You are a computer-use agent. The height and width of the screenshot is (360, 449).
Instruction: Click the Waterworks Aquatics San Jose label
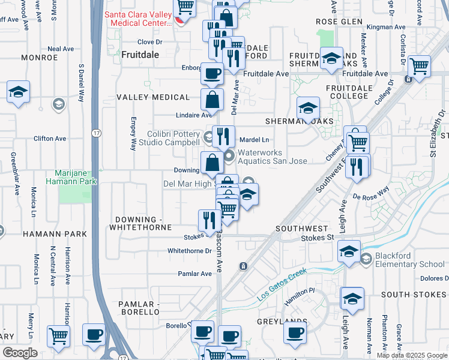tap(273, 157)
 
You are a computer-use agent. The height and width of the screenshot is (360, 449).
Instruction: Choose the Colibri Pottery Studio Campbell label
tap(173, 139)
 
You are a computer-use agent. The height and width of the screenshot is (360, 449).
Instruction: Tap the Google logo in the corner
tap(20, 353)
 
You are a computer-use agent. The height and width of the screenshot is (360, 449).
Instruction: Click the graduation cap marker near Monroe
tap(19, 92)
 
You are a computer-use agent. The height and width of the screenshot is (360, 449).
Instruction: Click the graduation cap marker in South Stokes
tap(352, 298)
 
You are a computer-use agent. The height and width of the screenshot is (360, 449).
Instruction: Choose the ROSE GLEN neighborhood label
tap(339, 22)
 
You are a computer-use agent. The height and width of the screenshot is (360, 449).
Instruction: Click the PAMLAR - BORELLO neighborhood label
tap(139, 308)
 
